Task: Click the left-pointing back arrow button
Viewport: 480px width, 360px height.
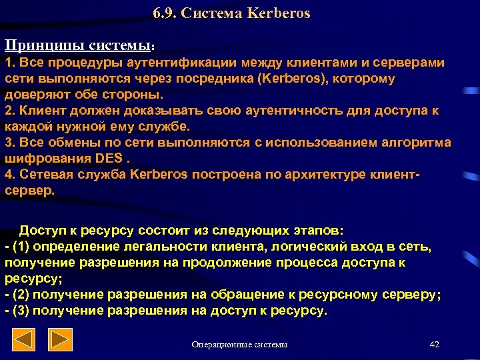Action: pyautogui.click(x=25, y=341)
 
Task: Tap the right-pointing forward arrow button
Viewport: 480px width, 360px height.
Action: pyautogui.click(x=62, y=341)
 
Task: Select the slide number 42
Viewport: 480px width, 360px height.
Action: pyautogui.click(x=435, y=345)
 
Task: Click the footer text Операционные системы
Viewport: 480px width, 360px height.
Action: pyautogui.click(x=240, y=345)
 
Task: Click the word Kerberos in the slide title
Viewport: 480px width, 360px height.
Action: pyautogui.click(x=279, y=13)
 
